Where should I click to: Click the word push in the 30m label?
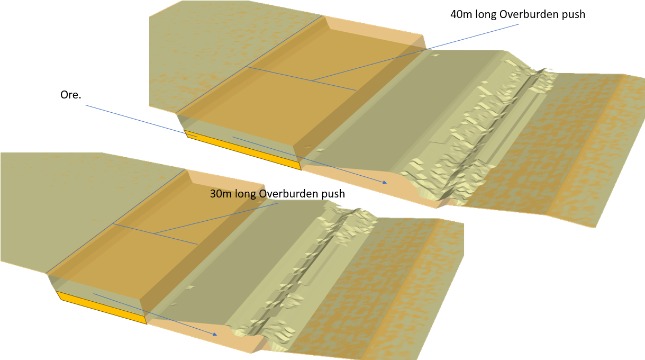click(333, 194)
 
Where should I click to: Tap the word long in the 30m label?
click(246, 194)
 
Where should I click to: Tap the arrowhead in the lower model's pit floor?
click(214, 334)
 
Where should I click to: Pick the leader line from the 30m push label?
click(217, 218)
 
